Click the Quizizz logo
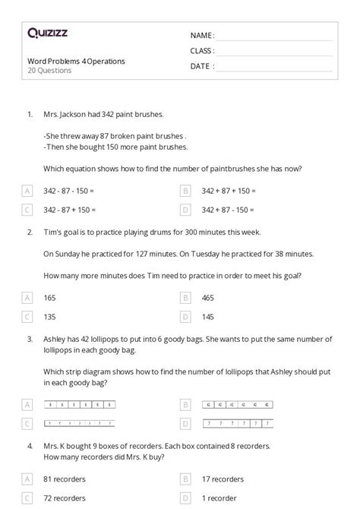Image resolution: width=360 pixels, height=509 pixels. [46, 33]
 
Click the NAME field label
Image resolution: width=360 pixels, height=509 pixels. [202, 35]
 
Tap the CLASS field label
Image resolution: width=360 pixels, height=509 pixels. [202, 51]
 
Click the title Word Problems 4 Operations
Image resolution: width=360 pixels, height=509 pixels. [76, 61]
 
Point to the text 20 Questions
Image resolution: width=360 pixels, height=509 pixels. [49, 71]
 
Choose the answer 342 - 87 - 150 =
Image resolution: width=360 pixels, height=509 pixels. [69, 191]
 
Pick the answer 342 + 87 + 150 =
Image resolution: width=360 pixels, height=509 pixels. [229, 191]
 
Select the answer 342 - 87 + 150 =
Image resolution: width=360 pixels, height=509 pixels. [69, 209]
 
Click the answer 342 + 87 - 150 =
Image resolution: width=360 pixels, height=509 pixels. [228, 209]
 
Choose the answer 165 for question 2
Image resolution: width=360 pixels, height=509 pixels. [50, 298]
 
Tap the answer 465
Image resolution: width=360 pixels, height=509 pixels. [208, 298]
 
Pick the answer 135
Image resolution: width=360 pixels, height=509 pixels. [50, 316]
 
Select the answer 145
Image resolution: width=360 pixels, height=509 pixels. [208, 316]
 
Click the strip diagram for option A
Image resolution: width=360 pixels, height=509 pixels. [80, 405]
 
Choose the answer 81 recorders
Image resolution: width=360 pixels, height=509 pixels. [64, 479]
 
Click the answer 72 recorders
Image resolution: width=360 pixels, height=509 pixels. [64, 498]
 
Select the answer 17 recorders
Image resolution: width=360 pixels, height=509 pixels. [223, 479]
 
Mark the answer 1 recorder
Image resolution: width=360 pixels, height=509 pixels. [219, 498]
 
